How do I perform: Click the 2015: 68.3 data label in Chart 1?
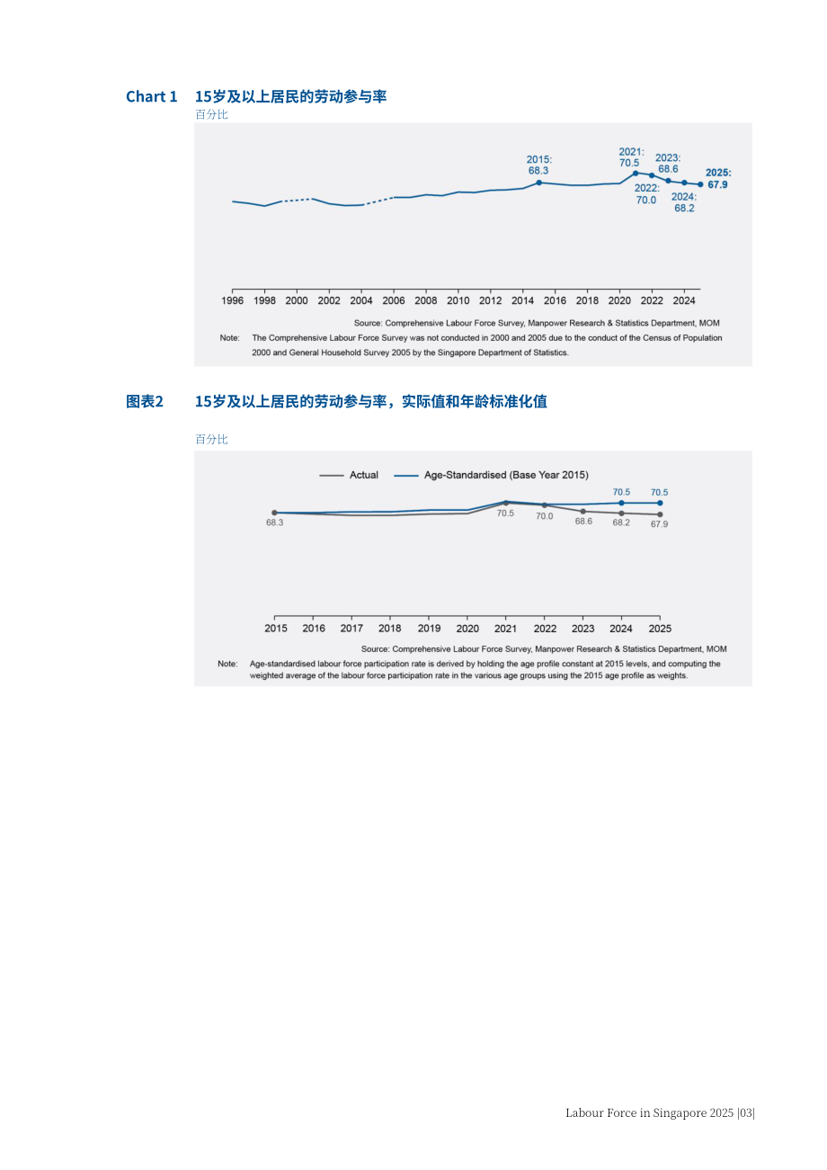(538, 165)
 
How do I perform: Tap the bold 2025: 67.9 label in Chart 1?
(718, 179)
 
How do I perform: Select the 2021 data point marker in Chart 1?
(636, 174)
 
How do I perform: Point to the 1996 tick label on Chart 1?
(232, 301)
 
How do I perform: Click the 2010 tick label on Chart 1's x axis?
(458, 301)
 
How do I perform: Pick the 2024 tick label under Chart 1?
(684, 301)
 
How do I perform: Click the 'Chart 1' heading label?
(151, 96)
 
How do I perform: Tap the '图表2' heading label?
(145, 401)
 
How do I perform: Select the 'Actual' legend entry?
(349, 475)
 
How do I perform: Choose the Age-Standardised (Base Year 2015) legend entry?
(491, 475)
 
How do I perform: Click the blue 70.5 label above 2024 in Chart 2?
(621, 492)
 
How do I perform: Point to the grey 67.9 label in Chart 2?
(659, 524)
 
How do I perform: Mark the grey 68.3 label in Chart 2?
(275, 522)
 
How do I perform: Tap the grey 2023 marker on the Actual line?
(583, 512)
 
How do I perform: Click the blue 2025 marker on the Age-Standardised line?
(660, 503)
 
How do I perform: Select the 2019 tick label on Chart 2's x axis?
(429, 629)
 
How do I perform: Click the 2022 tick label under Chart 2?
(545, 629)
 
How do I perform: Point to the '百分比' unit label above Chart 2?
(211, 439)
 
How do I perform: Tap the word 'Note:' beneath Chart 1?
(230, 338)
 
